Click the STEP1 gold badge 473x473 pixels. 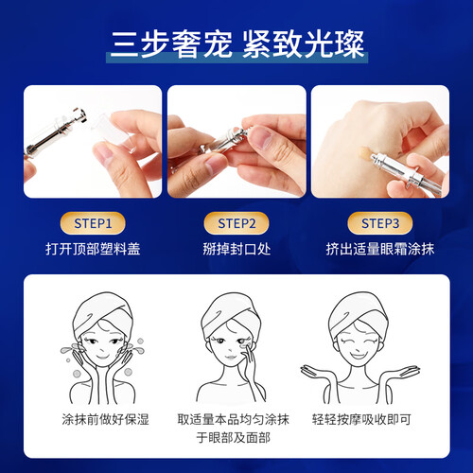pyautogui.click(x=93, y=223)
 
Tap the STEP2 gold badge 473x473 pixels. pyautogui.click(x=236, y=223)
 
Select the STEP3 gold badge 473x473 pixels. pyautogui.click(x=380, y=223)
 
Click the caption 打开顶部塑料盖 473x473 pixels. pyautogui.click(x=93, y=249)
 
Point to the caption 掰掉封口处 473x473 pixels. pyautogui.click(x=236, y=249)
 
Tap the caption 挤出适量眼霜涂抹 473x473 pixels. pyautogui.click(x=380, y=249)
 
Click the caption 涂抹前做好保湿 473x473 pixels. pyautogui.click(x=105, y=419)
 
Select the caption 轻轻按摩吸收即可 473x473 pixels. pyautogui.click(x=361, y=419)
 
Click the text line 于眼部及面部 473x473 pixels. pyautogui.click(x=234, y=438)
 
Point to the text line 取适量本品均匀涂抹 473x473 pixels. pyautogui.click(x=234, y=419)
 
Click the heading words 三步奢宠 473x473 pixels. pyautogui.click(x=170, y=44)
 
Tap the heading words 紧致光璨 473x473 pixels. pyautogui.click(x=304, y=44)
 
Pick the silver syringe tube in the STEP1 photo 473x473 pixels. pyautogui.click(x=56, y=131)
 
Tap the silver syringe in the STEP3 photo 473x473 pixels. pyautogui.click(x=407, y=173)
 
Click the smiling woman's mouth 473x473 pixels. pyautogui.click(x=359, y=356)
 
